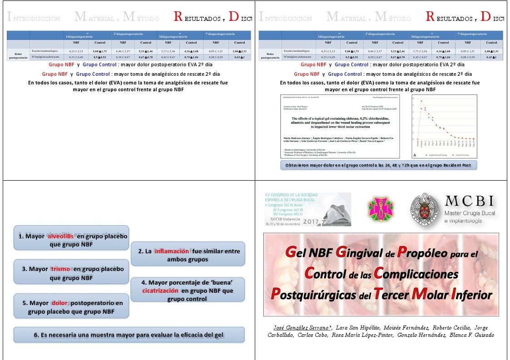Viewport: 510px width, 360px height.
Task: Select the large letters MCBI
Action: pyautogui.click(x=470, y=201)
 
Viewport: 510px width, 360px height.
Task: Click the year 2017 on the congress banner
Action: pyautogui.click(x=310, y=222)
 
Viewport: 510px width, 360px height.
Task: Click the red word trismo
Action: pyautogui.click(x=60, y=269)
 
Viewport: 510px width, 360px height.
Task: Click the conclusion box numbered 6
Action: pyautogui.click(x=129, y=335)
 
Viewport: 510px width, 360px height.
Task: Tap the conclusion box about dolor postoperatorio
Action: pyautogui.click(x=71, y=307)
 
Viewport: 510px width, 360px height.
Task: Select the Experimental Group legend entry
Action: pyautogui.click(x=432, y=154)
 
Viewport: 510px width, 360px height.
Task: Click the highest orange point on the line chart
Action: pyautogui.click(x=421, y=101)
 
